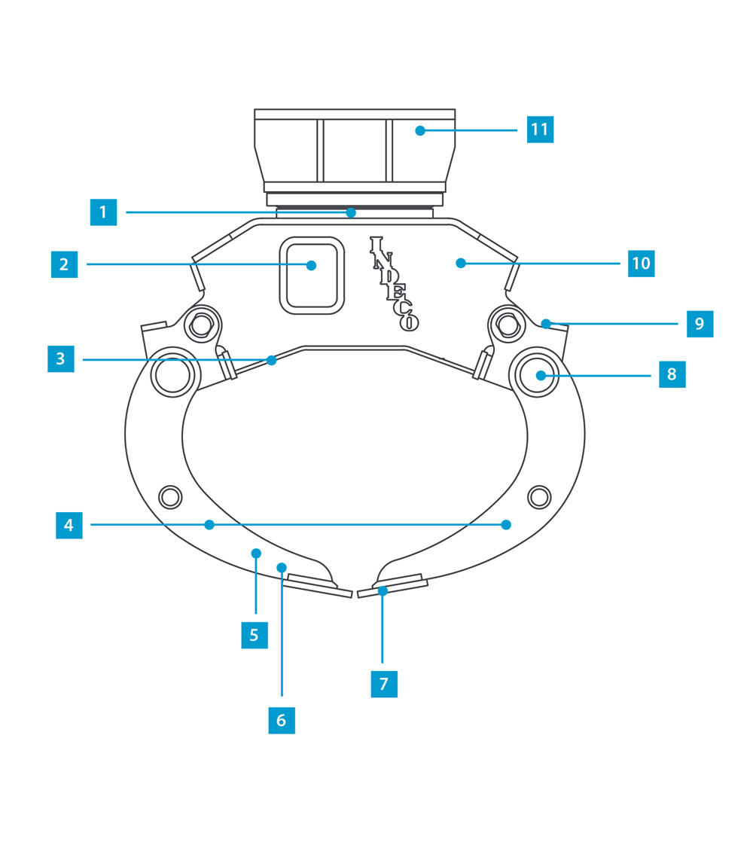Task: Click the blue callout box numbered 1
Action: (103, 212)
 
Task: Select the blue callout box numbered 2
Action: (64, 264)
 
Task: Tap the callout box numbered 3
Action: (60, 359)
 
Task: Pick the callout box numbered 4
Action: (69, 525)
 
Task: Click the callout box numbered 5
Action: (255, 635)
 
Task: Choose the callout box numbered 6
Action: (282, 720)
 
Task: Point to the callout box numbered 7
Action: (384, 684)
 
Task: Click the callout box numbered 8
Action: (672, 374)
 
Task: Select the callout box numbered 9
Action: (700, 324)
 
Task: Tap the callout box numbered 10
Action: (641, 264)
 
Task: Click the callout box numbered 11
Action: (540, 130)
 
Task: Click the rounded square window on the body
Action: (312, 275)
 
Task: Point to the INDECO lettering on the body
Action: (393, 283)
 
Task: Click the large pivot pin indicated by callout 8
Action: (537, 375)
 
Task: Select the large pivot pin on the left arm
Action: (172, 375)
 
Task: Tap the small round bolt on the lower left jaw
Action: (170, 497)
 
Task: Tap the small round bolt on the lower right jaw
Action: (539, 497)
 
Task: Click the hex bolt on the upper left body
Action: (201, 325)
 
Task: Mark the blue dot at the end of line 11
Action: (420, 130)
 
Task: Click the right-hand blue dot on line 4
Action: (506, 525)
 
